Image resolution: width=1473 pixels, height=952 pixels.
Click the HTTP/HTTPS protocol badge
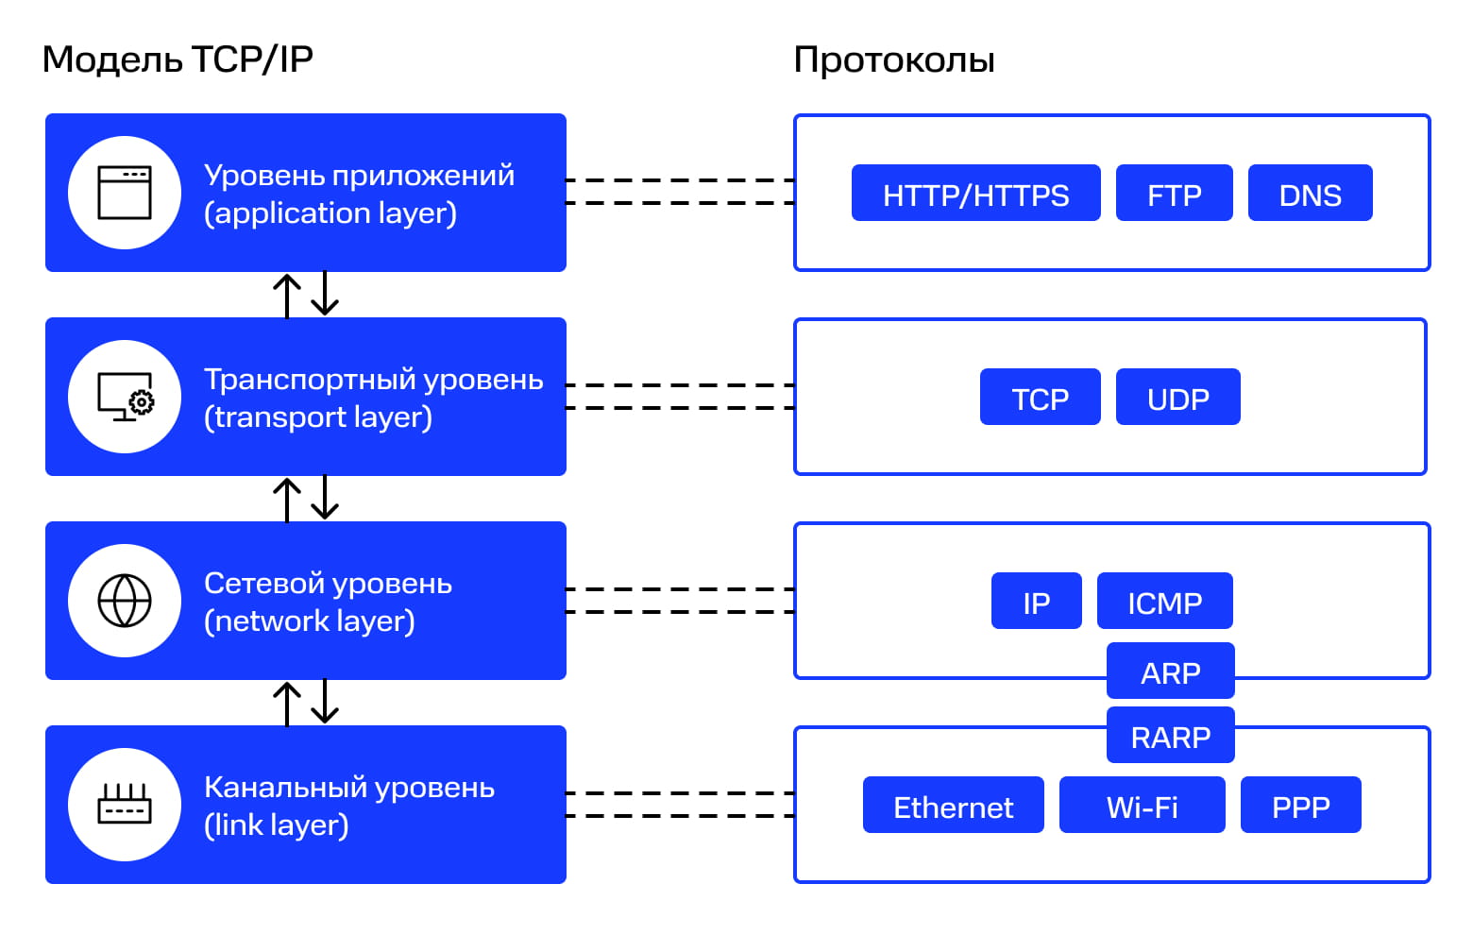coord(975,194)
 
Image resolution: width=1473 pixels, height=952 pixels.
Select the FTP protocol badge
coord(1174,194)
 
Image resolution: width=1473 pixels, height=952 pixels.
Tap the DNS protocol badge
coord(1310,194)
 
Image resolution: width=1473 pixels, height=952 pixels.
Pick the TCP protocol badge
coord(1040,398)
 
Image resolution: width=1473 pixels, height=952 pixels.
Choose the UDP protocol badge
coord(1177,398)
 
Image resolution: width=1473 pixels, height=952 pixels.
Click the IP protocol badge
coord(1036,602)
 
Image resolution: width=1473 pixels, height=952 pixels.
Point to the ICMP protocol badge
coord(1164,602)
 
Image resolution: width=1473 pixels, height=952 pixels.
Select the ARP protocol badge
coord(1170,671)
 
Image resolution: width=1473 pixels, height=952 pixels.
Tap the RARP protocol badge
coord(1170,736)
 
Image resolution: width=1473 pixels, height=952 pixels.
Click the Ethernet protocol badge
coord(953,806)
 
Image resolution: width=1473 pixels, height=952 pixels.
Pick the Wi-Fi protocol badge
coord(1142,806)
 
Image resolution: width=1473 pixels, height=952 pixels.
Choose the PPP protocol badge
coord(1300,806)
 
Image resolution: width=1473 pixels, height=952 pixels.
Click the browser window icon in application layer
coord(125,193)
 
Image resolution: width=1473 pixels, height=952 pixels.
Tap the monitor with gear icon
coord(125,397)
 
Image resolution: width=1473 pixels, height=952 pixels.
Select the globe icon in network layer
coord(125,601)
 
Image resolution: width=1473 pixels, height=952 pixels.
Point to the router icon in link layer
coord(125,805)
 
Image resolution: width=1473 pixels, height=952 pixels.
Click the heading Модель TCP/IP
coord(178,59)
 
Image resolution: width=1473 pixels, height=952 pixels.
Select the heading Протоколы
coord(893,59)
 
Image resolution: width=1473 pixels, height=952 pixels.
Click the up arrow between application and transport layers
coord(287,295)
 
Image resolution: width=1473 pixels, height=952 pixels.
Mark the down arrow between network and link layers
coord(325,702)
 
